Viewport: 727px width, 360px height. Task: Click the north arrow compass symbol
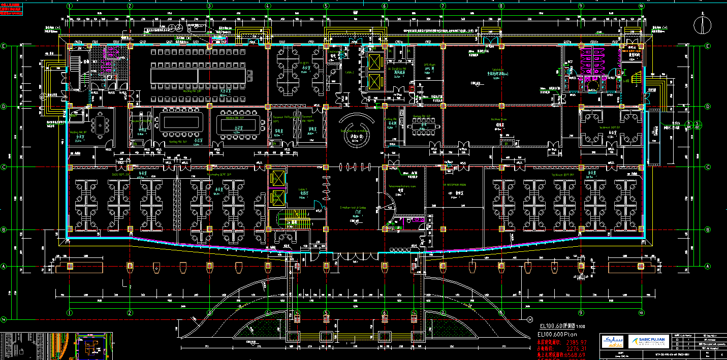click(702, 24)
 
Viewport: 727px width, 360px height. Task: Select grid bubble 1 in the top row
click(70, 6)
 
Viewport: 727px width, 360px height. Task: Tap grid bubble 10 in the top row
click(642, 6)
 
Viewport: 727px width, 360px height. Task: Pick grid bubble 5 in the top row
click(326, 6)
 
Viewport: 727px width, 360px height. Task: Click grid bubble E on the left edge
click(3, 46)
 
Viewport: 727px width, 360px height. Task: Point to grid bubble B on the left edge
click(3, 230)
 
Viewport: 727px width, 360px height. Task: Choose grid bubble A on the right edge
click(708, 266)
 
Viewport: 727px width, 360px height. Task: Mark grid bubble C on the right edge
click(708, 167)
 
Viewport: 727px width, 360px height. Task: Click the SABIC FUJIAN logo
click(646, 341)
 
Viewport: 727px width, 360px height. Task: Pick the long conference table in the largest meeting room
click(198, 76)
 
